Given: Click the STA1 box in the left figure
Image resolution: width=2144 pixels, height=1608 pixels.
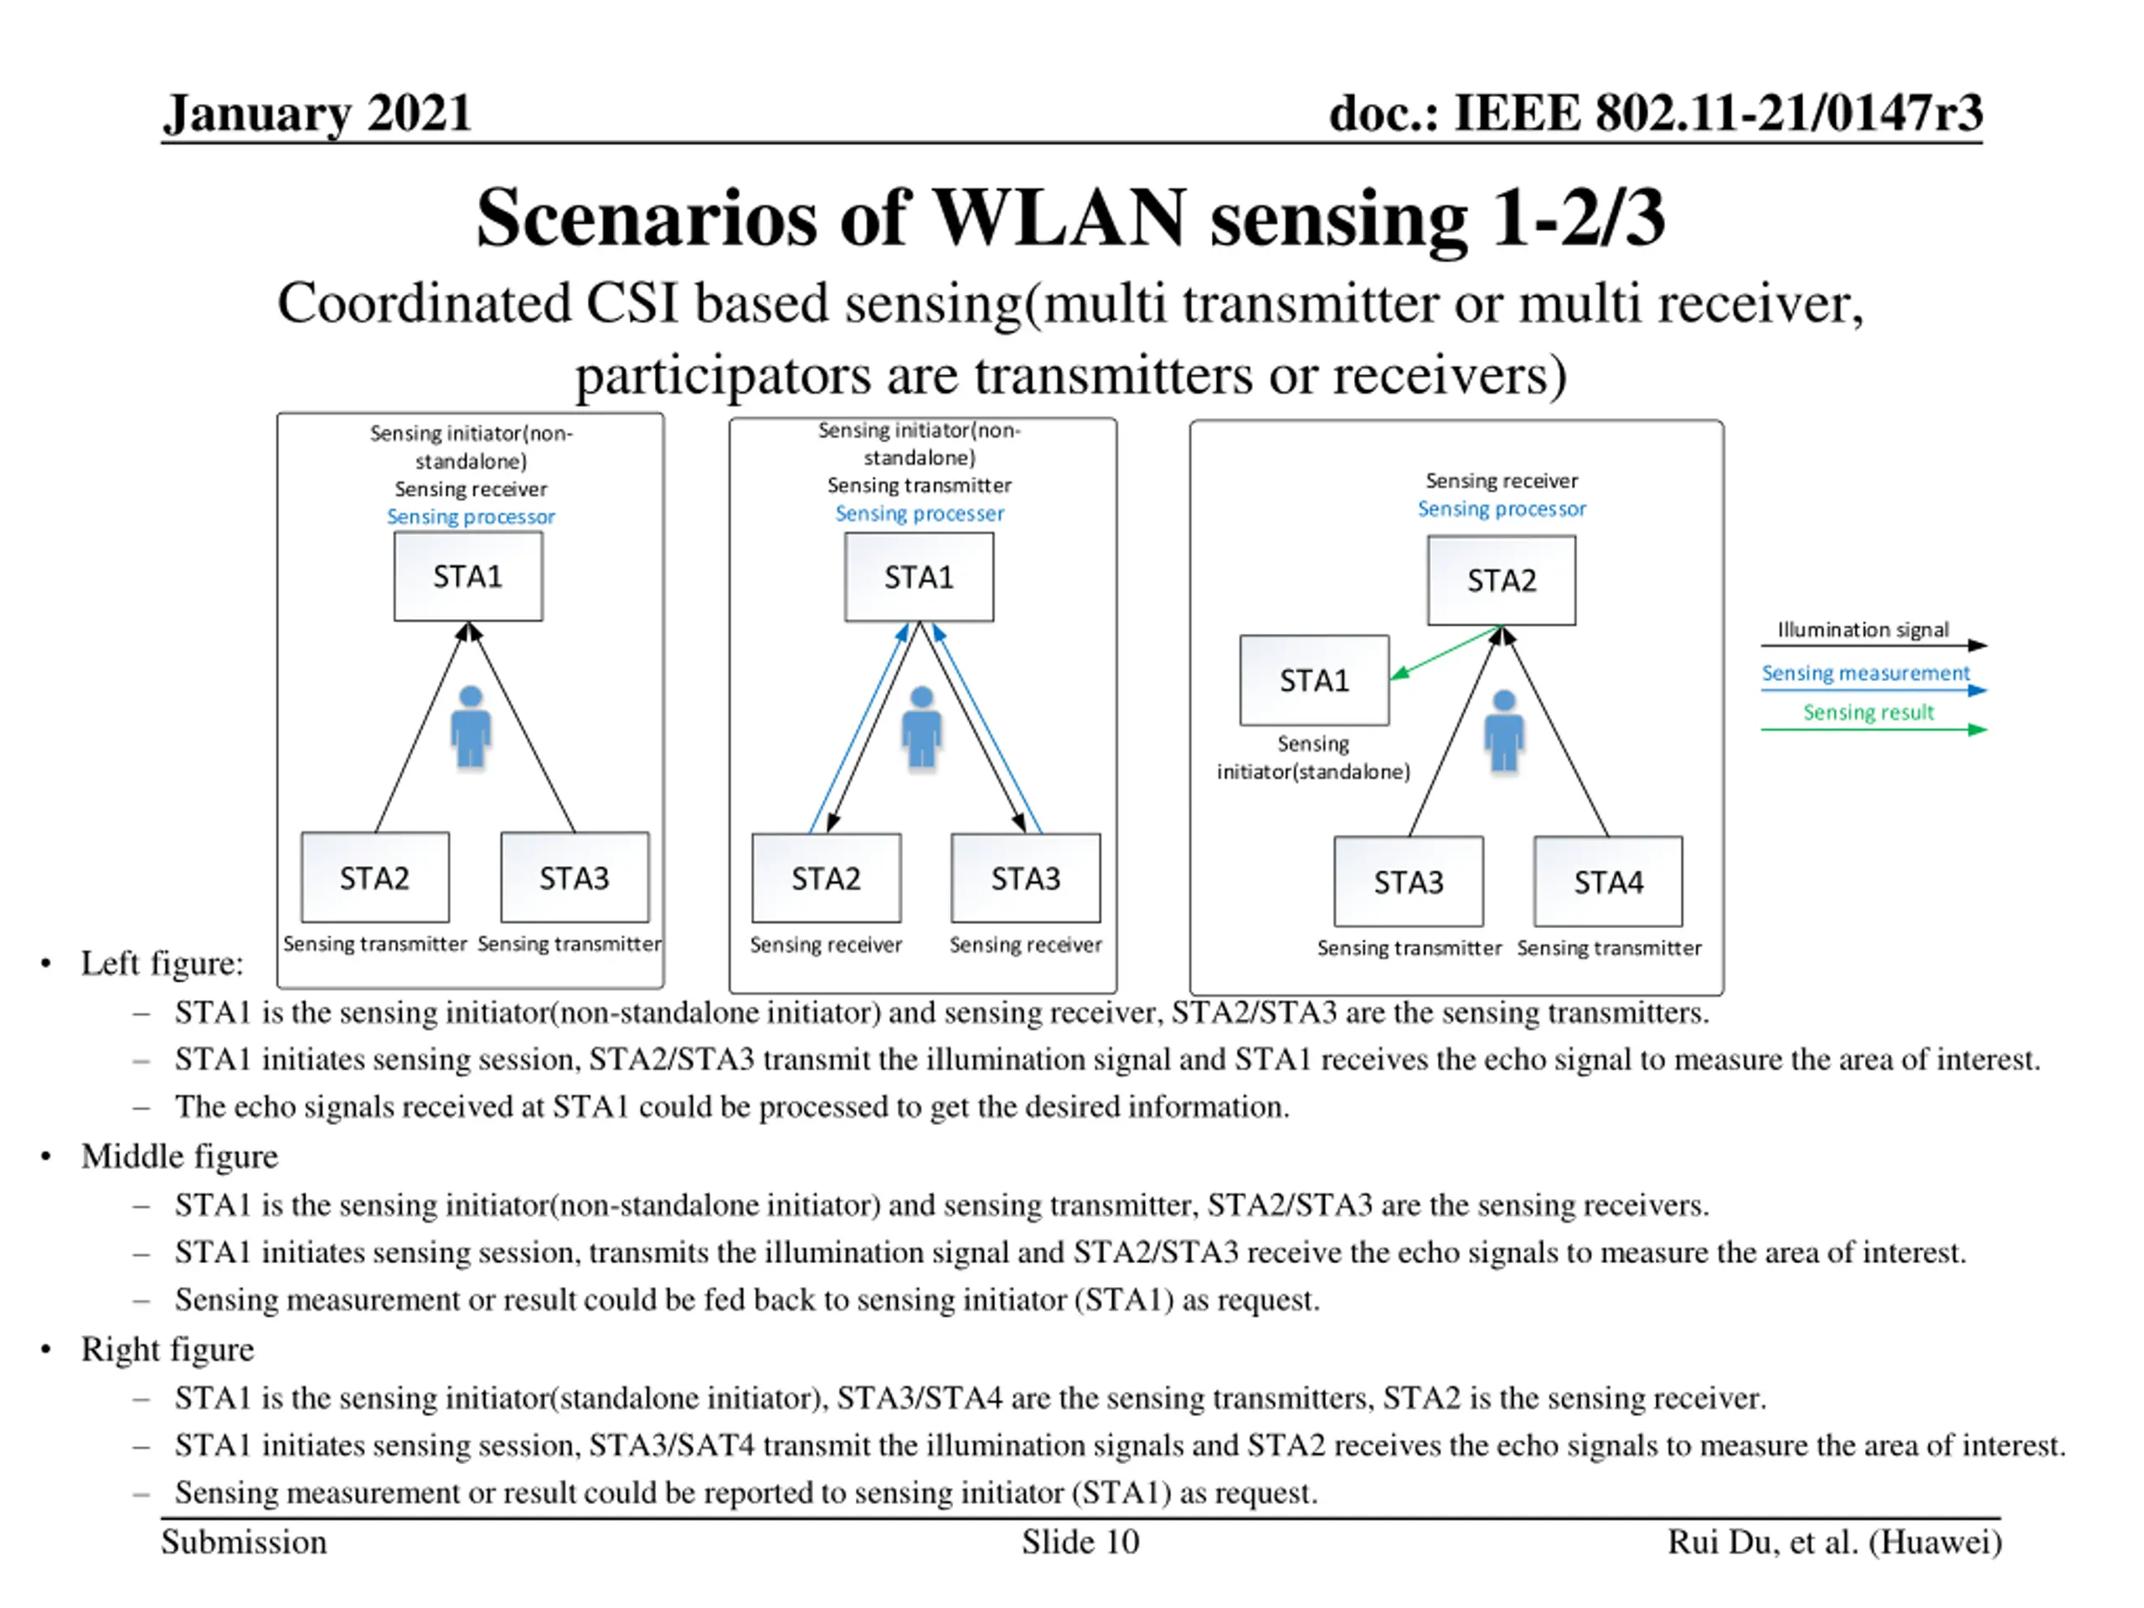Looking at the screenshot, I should [x=468, y=577].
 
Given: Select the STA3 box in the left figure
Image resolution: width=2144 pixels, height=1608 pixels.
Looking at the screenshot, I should [x=575, y=877].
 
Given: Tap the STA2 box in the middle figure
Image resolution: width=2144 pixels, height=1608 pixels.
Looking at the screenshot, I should [x=826, y=879].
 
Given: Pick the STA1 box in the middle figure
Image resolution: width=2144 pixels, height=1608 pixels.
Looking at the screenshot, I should [x=919, y=578].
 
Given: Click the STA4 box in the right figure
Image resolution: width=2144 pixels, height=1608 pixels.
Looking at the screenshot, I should [x=1608, y=882].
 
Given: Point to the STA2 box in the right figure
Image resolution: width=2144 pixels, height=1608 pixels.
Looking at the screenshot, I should [x=1502, y=580].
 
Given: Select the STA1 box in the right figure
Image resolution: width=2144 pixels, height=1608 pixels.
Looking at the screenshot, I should [x=1314, y=680].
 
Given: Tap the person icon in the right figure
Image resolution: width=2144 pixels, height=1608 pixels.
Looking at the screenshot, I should [x=1504, y=731].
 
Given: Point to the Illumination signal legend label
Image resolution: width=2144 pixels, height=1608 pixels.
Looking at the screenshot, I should [x=1862, y=630].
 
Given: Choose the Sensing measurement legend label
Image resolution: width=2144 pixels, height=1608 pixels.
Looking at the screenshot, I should [x=1865, y=673].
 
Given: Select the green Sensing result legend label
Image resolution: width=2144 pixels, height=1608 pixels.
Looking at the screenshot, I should [x=1868, y=713].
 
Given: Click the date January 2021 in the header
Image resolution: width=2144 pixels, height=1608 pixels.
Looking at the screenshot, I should [x=317, y=113].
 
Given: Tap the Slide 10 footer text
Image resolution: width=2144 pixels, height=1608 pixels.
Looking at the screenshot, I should [x=1080, y=1542].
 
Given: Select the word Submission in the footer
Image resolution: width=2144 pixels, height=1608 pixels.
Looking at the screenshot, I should [x=245, y=1542].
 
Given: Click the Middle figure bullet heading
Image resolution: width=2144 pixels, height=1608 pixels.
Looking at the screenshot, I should [x=179, y=1157].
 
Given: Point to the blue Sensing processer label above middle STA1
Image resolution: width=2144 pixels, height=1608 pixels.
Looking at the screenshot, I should [x=919, y=513].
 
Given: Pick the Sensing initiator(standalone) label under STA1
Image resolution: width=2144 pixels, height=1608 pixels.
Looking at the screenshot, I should [x=1313, y=758].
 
